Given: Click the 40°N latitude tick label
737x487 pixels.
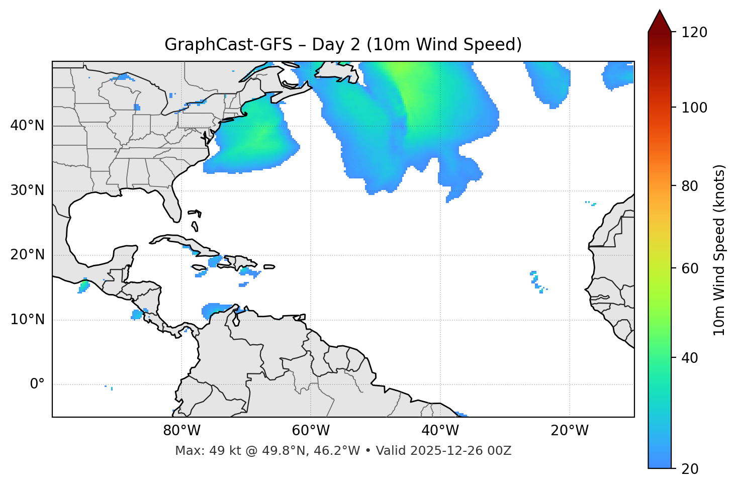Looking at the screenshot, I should [x=27, y=126].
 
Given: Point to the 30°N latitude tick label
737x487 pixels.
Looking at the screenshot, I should [x=27, y=190].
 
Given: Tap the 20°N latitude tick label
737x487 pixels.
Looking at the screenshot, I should [x=27, y=255].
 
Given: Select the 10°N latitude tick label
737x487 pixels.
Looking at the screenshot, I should [x=27, y=320].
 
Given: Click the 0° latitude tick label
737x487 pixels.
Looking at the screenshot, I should [x=37, y=384].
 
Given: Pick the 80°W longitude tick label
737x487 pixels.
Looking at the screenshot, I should [x=181, y=431].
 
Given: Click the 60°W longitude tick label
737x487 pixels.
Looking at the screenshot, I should [x=311, y=431].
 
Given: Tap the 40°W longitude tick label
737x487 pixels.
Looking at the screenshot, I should [x=440, y=431].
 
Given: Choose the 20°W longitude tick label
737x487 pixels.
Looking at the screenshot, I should [x=570, y=431].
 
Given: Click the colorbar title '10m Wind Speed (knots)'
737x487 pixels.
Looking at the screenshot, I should [x=719, y=250].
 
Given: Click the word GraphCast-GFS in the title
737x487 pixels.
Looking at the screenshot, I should [x=228, y=45].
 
